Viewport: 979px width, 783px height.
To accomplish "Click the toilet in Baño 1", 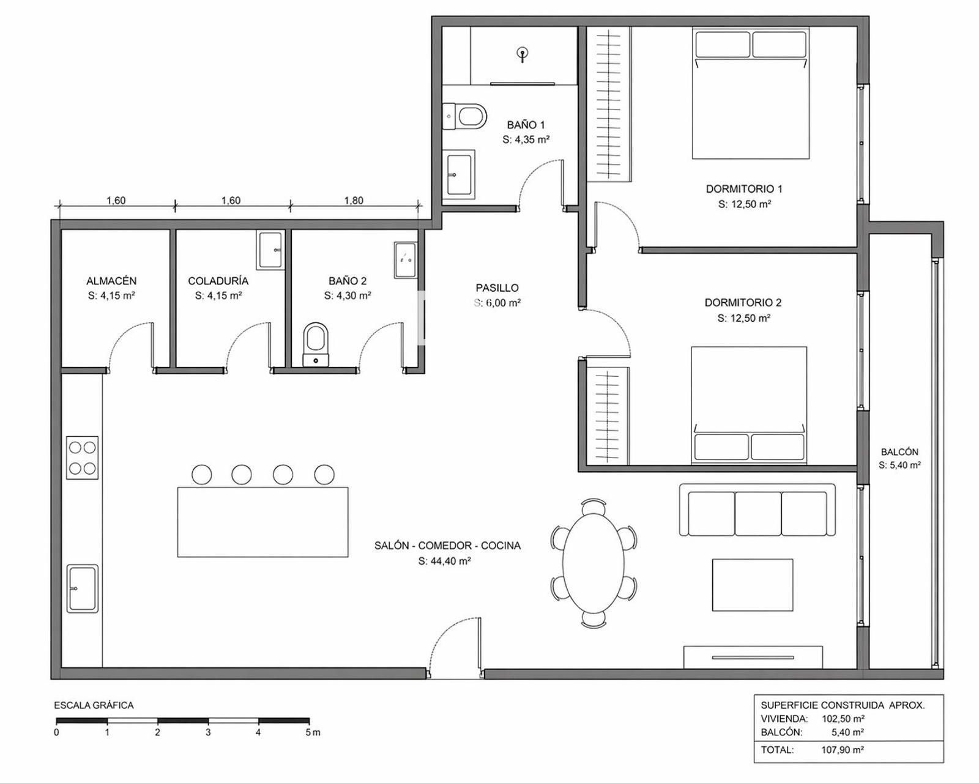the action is point(466,116).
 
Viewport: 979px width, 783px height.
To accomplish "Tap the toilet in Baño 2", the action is point(316,344).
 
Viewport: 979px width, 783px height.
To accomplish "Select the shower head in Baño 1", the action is point(524,54).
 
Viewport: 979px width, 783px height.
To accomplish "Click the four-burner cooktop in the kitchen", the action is point(83,457).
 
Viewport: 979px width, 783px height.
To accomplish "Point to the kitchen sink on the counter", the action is point(83,588).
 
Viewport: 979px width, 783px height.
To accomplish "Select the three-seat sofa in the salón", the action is point(757,510).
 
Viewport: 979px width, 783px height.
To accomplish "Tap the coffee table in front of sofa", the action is point(753,585).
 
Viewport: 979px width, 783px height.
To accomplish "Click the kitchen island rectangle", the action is point(262,522).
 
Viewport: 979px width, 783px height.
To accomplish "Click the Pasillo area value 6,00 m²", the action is point(504,303).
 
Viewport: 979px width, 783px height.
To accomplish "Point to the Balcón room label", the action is point(899,452).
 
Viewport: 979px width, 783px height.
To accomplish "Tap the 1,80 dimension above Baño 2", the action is point(354,201).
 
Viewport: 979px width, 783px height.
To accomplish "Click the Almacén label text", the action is point(111,281).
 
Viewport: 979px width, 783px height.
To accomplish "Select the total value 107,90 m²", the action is point(842,750).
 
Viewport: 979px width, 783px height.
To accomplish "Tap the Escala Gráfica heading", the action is point(94,705).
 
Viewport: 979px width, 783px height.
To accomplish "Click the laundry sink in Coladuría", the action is point(270,250).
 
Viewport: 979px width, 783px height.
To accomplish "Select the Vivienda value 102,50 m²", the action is point(843,719).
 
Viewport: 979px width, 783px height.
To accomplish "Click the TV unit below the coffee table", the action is point(753,657).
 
